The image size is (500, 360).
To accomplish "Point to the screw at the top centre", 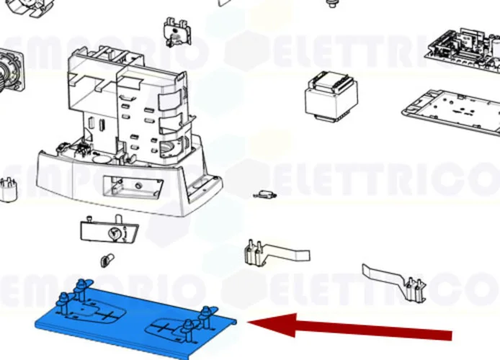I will click(x=332, y=4).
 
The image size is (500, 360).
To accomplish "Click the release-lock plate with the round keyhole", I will click(x=107, y=233).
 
